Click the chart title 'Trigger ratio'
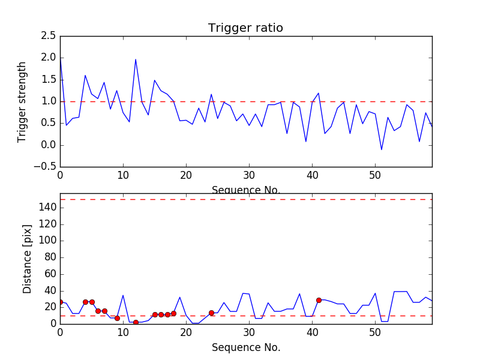click(x=245, y=28)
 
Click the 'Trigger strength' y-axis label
click(x=22, y=101)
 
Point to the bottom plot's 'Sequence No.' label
click(x=245, y=347)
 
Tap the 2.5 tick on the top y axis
click(x=49, y=36)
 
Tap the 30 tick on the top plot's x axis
click(x=249, y=176)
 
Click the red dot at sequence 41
click(x=319, y=300)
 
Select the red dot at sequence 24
click(x=211, y=313)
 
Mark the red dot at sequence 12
click(x=136, y=322)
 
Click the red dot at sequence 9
click(x=117, y=318)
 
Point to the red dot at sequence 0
click(x=60, y=302)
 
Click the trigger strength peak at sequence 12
click(x=136, y=59)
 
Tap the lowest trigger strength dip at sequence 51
click(x=382, y=149)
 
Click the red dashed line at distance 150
click(x=245, y=199)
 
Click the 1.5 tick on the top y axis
click(x=49, y=80)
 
